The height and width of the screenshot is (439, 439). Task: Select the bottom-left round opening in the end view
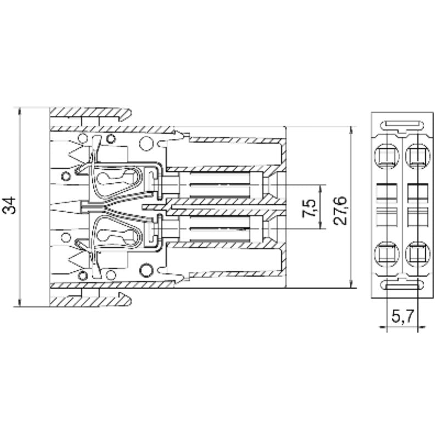click(x=386, y=254)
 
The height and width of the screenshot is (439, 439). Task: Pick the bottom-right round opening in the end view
click(x=417, y=254)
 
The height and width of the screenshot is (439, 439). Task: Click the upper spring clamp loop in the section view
click(x=118, y=178)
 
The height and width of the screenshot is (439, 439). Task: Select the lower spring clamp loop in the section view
click(x=118, y=233)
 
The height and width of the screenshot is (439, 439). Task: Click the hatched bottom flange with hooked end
click(x=91, y=300)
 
